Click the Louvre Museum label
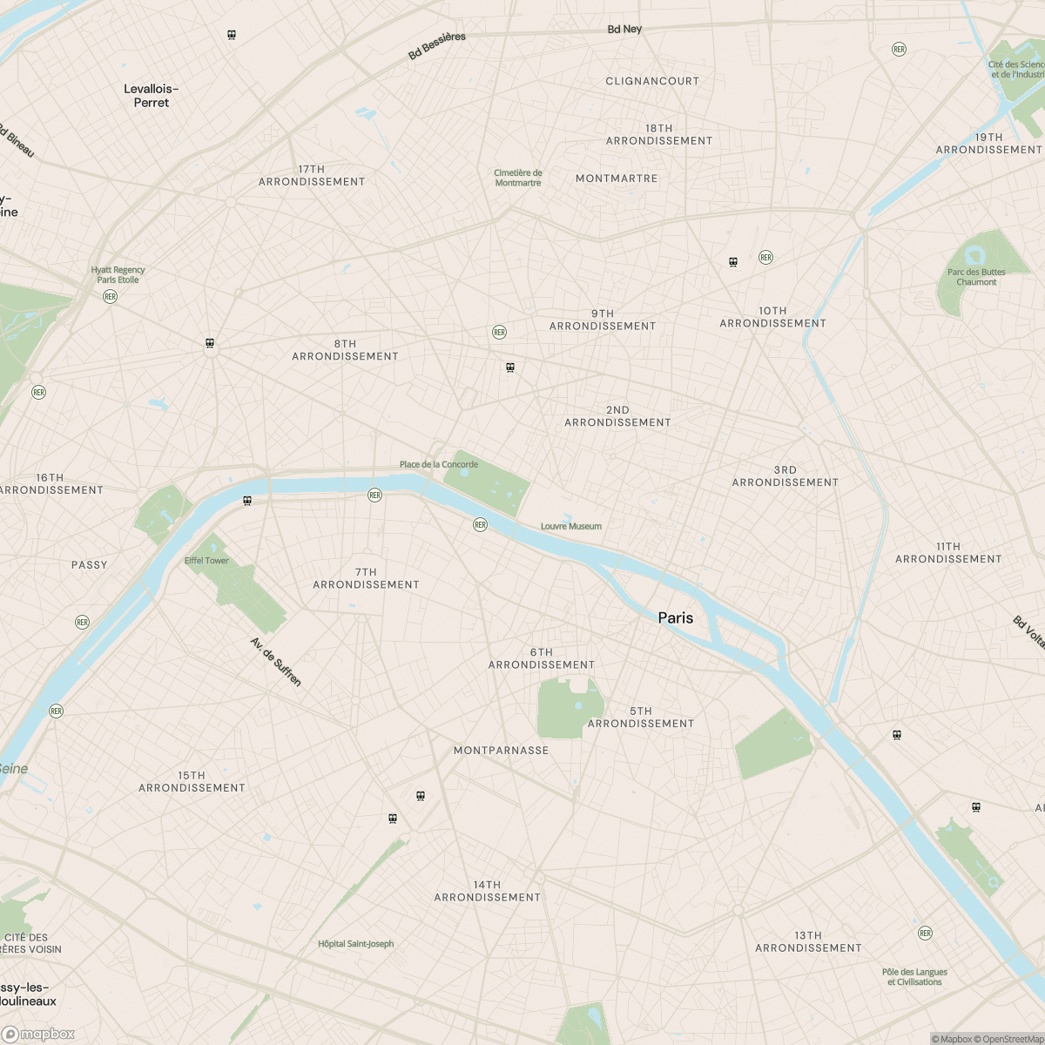570,526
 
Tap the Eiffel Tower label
206,560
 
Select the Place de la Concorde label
438,464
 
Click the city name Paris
676,617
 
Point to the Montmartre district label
617,179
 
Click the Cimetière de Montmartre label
518,178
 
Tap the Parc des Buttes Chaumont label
976,277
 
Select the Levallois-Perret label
152,96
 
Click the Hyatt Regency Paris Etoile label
118,275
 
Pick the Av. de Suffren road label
276,662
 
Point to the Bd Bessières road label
437,46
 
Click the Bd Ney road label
624,29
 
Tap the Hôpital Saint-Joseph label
355,943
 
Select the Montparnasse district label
501,750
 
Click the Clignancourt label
652,81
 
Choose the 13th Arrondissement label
808,941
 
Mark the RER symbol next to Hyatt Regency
110,296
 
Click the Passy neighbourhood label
90,565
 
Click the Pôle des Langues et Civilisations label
914,977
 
